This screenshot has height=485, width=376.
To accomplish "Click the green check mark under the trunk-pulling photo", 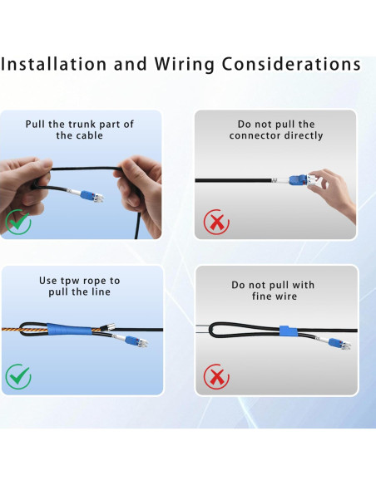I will (x=18, y=222).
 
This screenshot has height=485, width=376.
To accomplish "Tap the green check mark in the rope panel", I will (x=18, y=377).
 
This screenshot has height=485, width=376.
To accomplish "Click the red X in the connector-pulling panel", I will (x=217, y=223).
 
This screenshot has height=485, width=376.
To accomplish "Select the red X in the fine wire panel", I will (x=217, y=378).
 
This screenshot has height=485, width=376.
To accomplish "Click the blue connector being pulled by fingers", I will (x=299, y=181).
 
